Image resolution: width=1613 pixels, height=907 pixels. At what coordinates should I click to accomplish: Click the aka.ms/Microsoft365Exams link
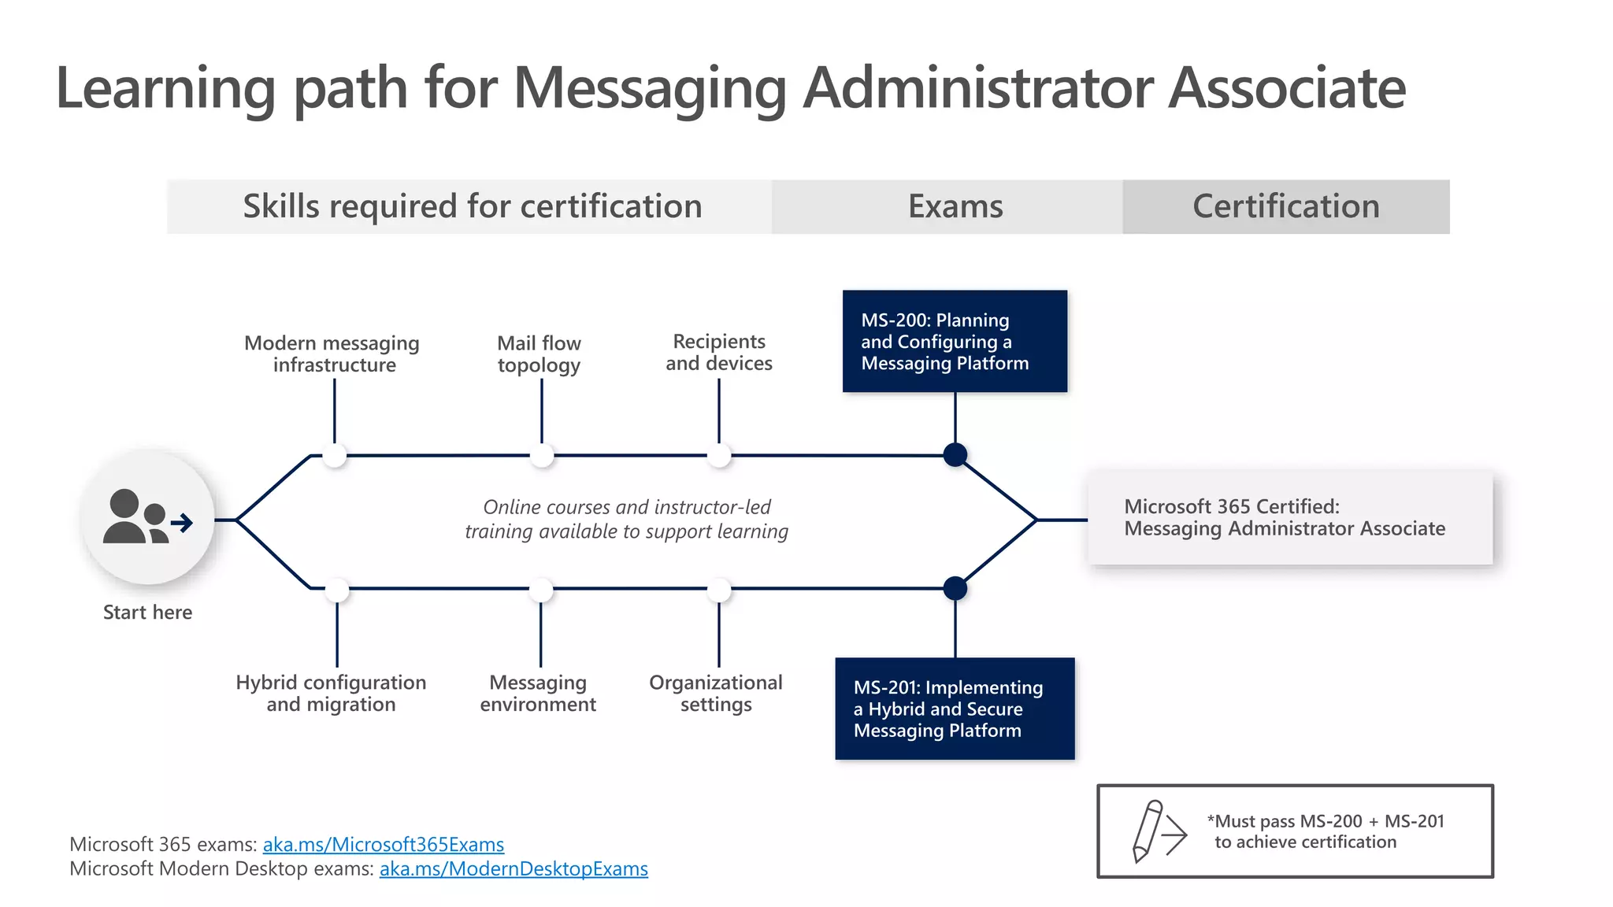tap(383, 845)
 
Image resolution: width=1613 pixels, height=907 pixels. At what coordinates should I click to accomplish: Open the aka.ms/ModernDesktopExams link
tap(514, 869)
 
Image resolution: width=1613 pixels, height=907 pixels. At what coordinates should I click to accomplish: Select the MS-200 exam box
tap(955, 341)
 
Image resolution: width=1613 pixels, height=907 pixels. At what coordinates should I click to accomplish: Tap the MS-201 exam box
tap(955, 709)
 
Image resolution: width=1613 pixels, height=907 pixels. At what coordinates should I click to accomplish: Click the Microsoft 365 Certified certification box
tap(1289, 518)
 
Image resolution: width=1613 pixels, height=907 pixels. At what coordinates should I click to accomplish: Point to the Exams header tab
tap(955, 206)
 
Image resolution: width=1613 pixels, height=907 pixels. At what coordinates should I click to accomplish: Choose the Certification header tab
tap(1285, 206)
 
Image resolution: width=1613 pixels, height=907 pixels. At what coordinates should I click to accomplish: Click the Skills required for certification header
tap(472, 206)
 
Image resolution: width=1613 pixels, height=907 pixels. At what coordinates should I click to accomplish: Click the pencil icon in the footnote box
tap(1148, 831)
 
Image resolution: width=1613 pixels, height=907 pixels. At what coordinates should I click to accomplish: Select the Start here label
tap(147, 613)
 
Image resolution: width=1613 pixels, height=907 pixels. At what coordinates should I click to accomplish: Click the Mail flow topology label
tap(540, 354)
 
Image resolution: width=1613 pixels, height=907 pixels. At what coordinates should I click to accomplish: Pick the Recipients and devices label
tap(719, 353)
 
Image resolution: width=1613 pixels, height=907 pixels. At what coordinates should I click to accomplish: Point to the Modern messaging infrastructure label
tap(332, 354)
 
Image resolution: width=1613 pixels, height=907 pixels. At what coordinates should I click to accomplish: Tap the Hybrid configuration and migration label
tap(331, 694)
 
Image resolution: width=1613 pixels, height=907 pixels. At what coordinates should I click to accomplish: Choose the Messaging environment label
tap(538, 694)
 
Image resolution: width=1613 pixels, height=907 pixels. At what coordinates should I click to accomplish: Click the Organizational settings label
tap(716, 694)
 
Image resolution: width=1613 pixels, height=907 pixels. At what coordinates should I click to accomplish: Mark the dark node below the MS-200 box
tap(955, 455)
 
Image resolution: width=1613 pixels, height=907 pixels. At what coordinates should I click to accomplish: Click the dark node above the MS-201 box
tap(955, 588)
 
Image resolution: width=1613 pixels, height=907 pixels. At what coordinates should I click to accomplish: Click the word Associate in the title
tap(1286, 88)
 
